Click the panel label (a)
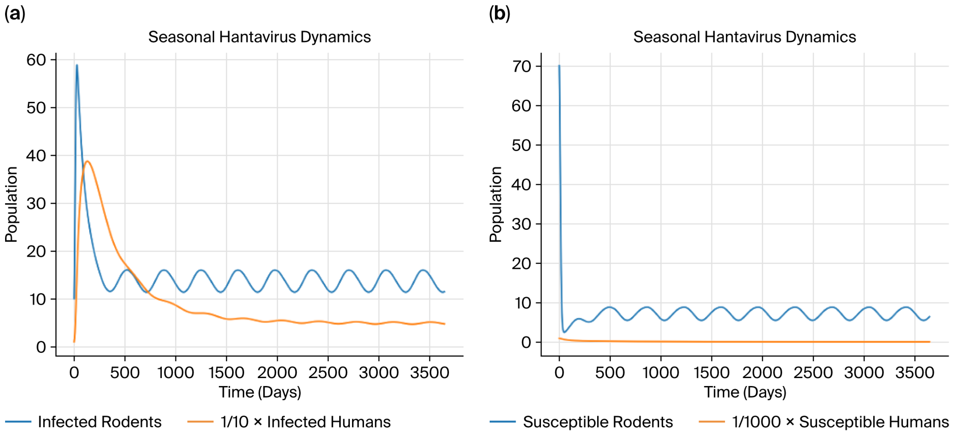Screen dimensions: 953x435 tap(15, 14)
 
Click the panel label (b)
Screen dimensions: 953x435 tap(499, 14)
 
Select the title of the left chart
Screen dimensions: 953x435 tap(259, 37)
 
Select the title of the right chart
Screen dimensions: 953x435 tap(744, 37)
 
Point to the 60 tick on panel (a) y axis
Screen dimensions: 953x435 tap(36, 60)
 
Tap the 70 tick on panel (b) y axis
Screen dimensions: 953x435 tap(521, 67)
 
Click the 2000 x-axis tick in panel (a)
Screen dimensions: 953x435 tap(277, 372)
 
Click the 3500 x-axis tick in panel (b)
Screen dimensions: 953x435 tap(914, 372)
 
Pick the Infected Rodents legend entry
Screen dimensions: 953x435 tap(83, 422)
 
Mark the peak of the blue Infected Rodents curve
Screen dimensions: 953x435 tap(77, 65)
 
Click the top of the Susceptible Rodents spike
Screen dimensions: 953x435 tap(559, 65)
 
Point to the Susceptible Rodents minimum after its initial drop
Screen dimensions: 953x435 tap(564, 332)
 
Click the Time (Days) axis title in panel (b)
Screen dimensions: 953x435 tap(745, 392)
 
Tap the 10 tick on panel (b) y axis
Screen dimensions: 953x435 tap(523, 303)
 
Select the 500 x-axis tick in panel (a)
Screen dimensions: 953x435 tap(125, 372)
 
